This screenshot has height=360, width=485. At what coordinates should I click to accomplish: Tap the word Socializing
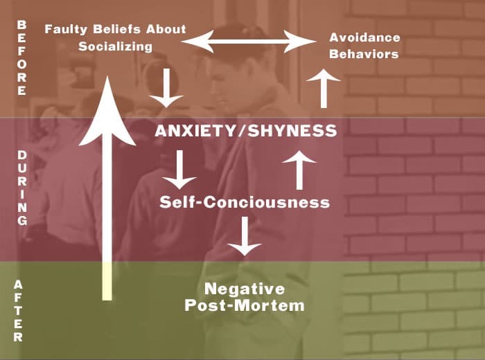tap(116, 46)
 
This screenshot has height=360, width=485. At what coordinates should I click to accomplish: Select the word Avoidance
tap(364, 37)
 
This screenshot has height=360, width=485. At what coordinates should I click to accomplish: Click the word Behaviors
tap(364, 54)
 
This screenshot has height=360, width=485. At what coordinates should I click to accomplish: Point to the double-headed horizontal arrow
tap(248, 41)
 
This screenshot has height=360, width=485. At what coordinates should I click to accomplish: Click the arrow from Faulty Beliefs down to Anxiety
tap(166, 88)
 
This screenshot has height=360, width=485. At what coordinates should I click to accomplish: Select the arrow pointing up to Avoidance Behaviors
tap(324, 89)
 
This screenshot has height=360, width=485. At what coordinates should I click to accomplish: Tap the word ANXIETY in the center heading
tap(195, 131)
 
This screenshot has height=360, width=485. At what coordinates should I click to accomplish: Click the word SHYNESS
tap(292, 131)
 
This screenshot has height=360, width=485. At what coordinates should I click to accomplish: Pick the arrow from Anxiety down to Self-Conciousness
tap(179, 170)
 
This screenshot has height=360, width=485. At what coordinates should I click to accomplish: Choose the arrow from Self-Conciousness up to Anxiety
tap(299, 170)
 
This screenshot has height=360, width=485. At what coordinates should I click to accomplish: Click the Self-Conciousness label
tap(245, 202)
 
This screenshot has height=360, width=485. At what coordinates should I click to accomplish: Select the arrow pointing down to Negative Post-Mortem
tap(245, 236)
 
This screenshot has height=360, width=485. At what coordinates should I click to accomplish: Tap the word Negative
tap(245, 289)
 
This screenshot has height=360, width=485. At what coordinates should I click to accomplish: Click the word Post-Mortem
tap(245, 305)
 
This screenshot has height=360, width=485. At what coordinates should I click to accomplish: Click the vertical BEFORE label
tap(21, 57)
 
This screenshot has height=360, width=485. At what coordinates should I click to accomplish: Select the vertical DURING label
tap(22, 188)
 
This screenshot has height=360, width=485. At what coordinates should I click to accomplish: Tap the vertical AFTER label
tap(18, 311)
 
